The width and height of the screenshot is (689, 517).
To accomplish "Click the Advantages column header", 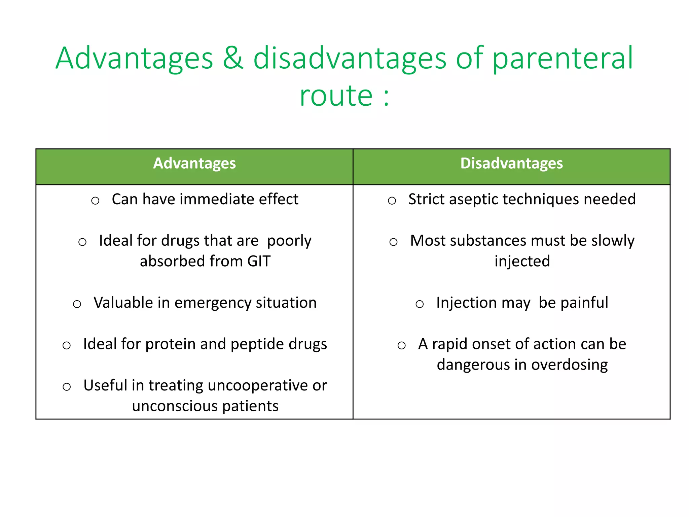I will (x=194, y=164).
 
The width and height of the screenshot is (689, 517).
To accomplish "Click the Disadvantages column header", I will (x=511, y=164).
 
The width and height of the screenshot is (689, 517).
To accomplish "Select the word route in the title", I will (x=336, y=96).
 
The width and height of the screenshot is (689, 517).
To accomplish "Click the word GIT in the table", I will (x=259, y=262).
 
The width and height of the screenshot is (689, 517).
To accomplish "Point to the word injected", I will (x=522, y=262).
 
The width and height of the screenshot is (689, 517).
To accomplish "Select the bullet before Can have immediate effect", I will (x=95, y=201).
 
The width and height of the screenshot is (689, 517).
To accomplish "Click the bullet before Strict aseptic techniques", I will (x=392, y=201).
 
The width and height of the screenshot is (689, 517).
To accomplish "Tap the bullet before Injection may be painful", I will (x=420, y=304).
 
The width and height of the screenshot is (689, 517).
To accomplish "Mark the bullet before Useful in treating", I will (x=67, y=387).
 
